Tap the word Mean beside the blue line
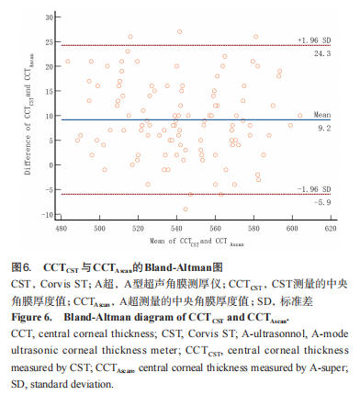pos(321,114)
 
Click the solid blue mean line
pos(184,119)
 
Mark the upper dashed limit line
pos(184,45)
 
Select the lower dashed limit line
pos(184,194)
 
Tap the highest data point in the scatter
pos(180,31)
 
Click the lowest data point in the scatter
pos(186,209)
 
